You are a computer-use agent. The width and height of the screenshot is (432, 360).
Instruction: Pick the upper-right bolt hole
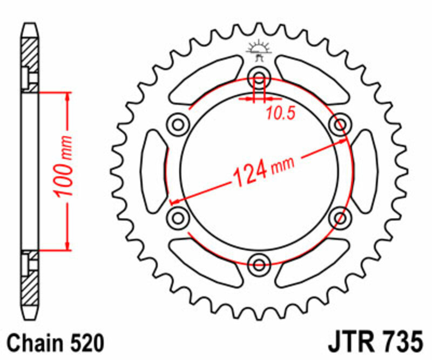[340, 125]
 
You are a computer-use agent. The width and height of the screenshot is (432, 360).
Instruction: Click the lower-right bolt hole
[340, 218]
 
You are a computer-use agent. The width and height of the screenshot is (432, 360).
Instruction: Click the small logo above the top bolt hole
[259, 51]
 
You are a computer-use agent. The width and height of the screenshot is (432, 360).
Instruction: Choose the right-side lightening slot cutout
[363, 171]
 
